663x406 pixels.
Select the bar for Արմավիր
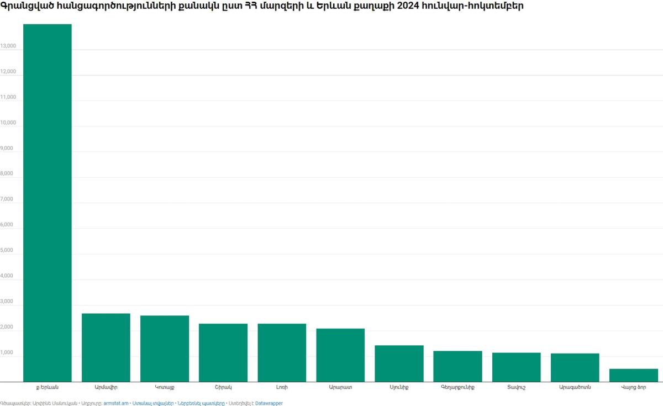106,347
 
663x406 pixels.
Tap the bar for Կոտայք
165,349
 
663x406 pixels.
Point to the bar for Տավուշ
516,367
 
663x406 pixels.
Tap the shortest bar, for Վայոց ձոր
633,375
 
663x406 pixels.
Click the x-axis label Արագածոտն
575,388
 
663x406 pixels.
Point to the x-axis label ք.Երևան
48,388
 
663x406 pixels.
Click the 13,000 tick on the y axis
8,46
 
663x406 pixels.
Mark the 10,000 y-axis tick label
8,123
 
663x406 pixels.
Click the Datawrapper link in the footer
269,403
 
